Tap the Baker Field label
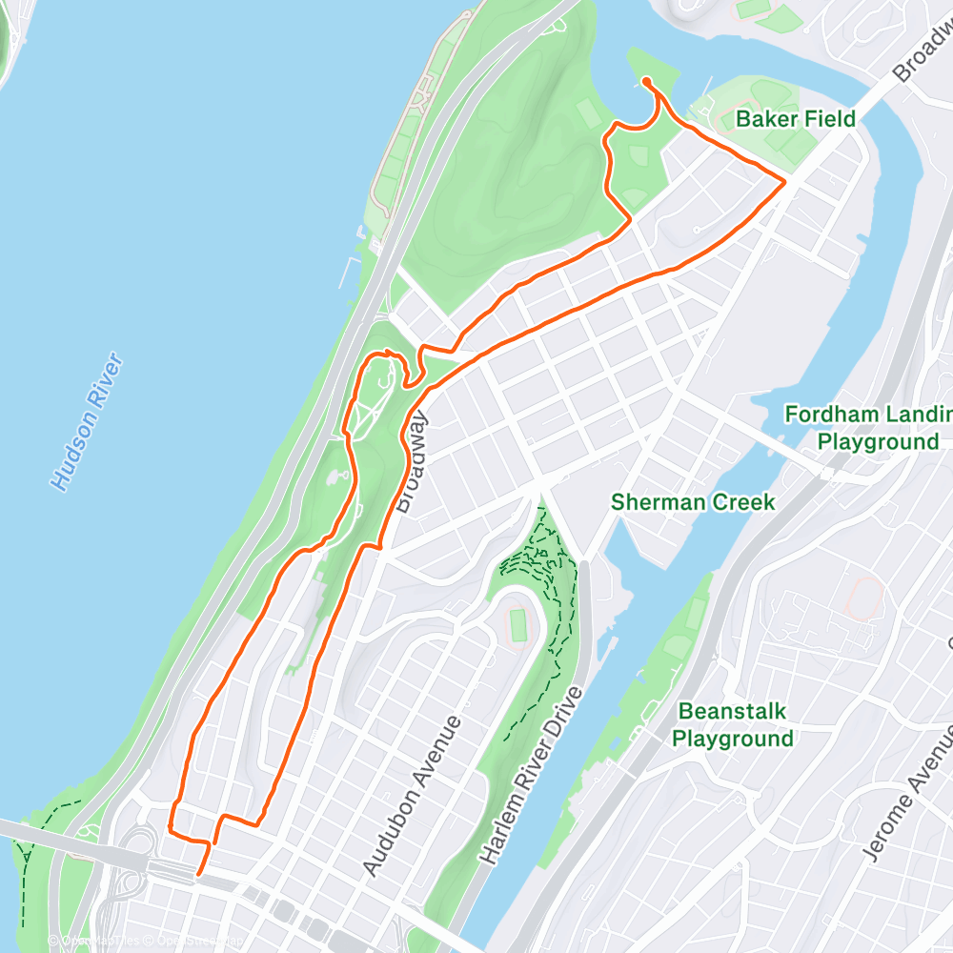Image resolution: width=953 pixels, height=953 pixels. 796,119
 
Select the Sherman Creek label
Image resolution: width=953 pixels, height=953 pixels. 694,502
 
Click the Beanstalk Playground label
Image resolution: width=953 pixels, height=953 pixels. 733,724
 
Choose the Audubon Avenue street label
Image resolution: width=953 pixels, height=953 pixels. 414,796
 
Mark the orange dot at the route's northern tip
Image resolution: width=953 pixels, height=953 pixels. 647,82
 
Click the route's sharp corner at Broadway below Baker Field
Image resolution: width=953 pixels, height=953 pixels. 784,180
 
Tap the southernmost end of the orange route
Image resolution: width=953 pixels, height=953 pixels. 198,873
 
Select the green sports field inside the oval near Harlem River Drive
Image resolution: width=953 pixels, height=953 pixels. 517,625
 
